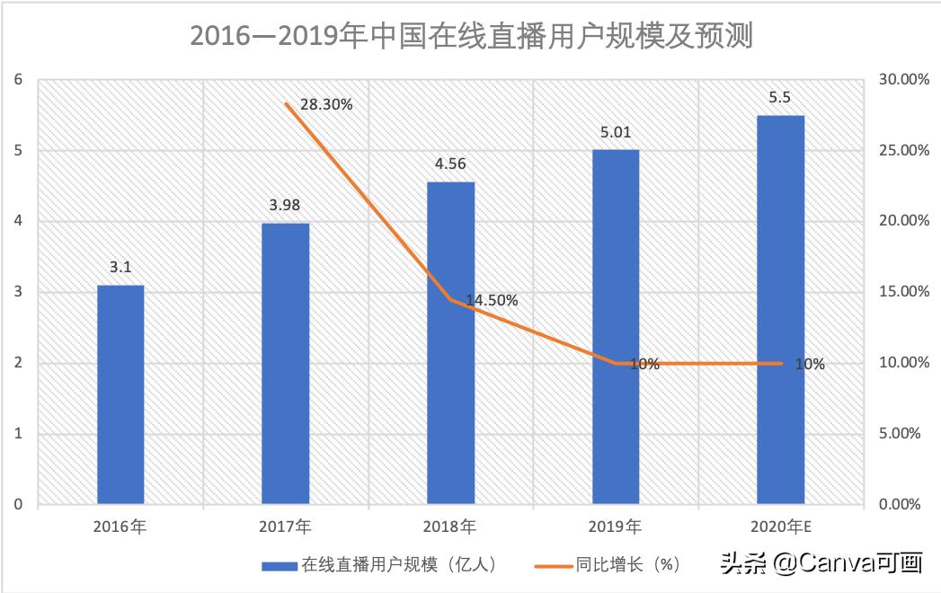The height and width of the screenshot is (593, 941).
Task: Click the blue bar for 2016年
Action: click(x=120, y=395)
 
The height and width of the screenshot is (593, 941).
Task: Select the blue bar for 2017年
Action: click(x=285, y=364)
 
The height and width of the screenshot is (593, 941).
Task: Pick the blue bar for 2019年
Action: click(x=616, y=328)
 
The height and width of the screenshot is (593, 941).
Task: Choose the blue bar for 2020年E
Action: click(x=780, y=310)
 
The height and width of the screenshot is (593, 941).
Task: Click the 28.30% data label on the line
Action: click(x=326, y=104)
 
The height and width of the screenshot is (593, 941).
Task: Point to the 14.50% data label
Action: click(x=492, y=301)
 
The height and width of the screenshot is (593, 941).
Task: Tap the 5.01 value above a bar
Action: click(x=616, y=133)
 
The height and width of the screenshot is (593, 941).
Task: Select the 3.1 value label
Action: click(x=120, y=268)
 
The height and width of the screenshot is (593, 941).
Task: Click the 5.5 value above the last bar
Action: click(x=780, y=98)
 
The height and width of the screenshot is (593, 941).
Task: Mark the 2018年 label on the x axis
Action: click(x=450, y=526)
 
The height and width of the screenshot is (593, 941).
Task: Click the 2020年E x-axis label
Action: click(x=780, y=526)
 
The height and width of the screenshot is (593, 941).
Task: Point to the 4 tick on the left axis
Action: click(x=17, y=221)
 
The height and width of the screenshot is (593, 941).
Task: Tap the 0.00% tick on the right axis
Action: click(x=899, y=505)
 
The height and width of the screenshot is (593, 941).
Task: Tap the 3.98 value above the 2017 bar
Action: click(x=285, y=205)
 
